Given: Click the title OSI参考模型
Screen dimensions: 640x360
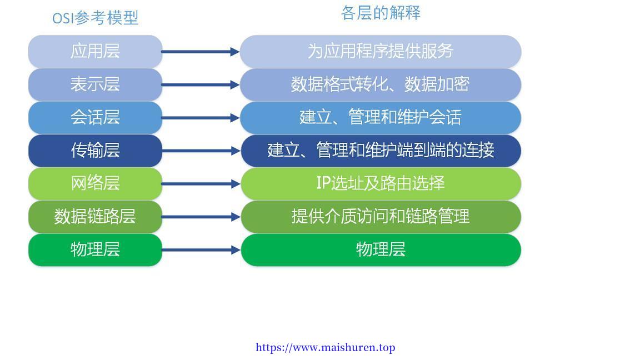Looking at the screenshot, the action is click(x=96, y=18).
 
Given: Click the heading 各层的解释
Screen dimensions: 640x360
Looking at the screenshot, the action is click(x=381, y=13).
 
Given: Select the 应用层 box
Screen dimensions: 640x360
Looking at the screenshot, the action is click(x=95, y=52).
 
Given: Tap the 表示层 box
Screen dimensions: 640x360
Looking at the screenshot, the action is click(x=95, y=84).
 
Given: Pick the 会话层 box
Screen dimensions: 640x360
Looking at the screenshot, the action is click(x=95, y=118).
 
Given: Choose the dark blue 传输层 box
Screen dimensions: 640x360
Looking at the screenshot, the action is click(x=95, y=151).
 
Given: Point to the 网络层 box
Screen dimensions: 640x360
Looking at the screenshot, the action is click(x=95, y=184).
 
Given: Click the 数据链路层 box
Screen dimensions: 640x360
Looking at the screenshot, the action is click(x=95, y=217).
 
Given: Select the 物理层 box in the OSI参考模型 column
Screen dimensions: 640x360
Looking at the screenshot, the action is click(x=95, y=250).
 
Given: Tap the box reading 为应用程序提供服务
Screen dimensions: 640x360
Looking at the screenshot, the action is click(x=381, y=52).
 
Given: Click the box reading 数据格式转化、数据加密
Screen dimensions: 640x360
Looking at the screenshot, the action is click(x=381, y=84).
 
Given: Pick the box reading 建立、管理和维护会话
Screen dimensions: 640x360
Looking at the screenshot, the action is click(x=381, y=118).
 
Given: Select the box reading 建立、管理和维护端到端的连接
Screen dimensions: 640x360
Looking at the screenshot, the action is click(x=381, y=151).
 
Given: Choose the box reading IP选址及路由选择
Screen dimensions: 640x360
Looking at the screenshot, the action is click(x=381, y=184).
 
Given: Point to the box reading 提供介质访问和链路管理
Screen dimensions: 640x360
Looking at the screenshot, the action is click(x=381, y=217).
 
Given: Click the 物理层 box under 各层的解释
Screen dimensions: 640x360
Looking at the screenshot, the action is click(x=381, y=250).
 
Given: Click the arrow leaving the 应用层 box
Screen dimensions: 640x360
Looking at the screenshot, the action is click(x=201, y=52).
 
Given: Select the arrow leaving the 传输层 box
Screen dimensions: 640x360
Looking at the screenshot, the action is click(x=201, y=151).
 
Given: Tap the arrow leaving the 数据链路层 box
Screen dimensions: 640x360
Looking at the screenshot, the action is click(x=201, y=217).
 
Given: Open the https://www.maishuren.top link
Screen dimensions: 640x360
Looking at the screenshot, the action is click(x=326, y=348).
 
